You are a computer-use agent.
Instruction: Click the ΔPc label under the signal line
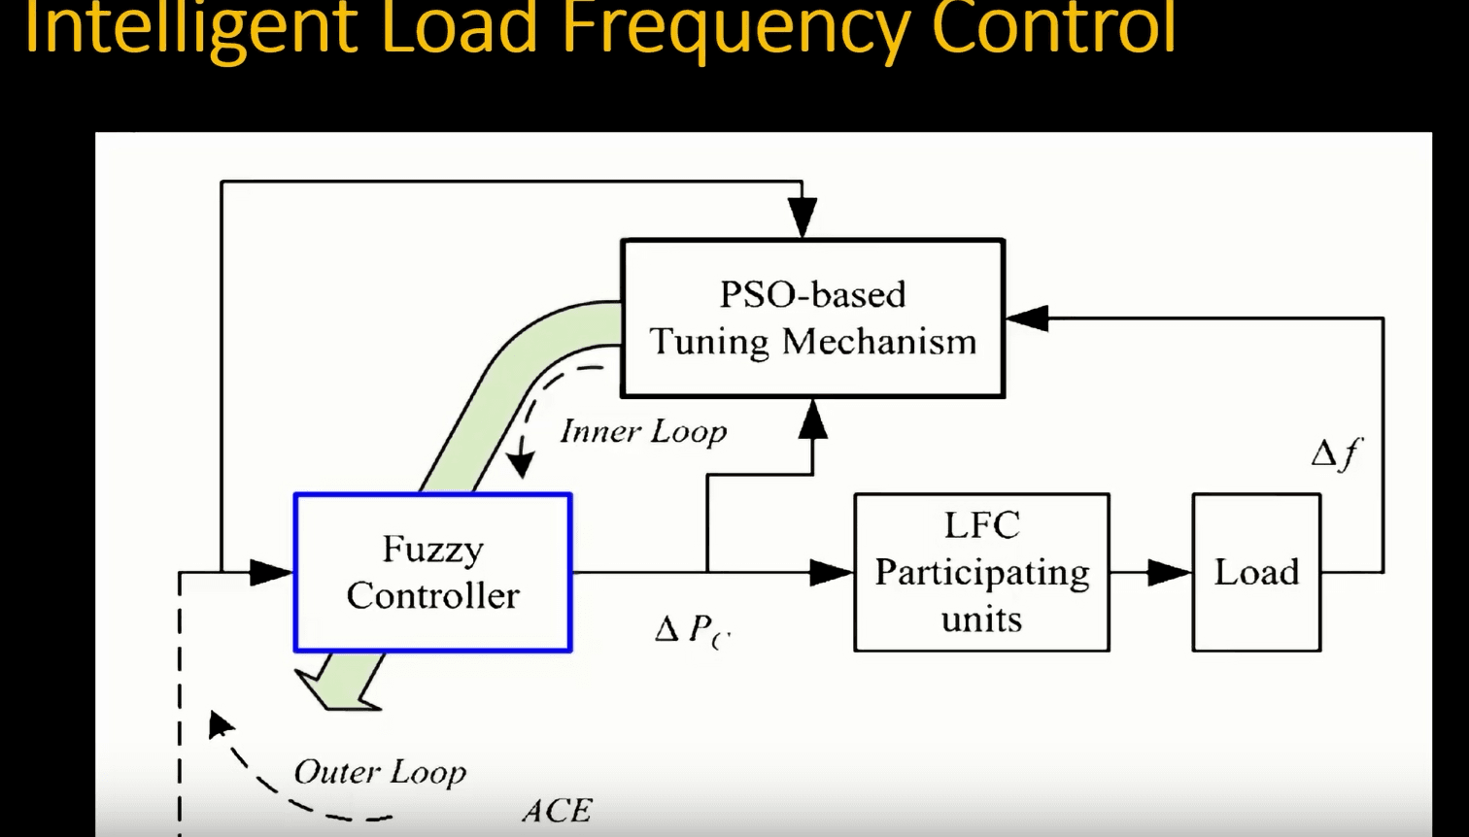click(693, 630)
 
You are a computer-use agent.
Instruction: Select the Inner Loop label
click(643, 432)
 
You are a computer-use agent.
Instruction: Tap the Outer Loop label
click(380, 772)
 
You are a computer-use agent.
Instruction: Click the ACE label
click(558, 811)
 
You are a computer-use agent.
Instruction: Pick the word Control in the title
click(1054, 27)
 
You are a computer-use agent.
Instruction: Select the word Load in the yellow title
click(459, 27)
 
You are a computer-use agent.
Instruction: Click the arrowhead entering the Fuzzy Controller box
click(271, 572)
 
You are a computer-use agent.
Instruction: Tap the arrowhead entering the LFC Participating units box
click(832, 572)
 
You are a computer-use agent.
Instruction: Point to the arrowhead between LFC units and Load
click(1170, 572)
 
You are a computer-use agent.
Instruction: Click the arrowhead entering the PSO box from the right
click(1027, 318)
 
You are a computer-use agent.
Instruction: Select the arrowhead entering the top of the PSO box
click(803, 217)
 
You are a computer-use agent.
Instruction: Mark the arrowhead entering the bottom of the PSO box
click(812, 418)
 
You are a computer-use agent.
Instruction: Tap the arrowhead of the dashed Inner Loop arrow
click(521, 465)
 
